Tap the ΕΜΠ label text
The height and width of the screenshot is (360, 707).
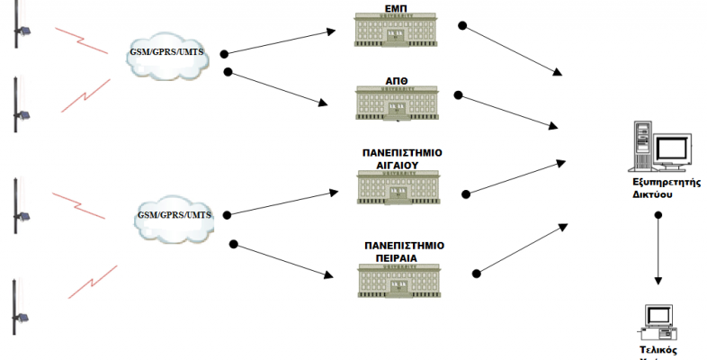pyautogui.click(x=396, y=7)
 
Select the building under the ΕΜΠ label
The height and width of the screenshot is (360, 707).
pyautogui.click(x=396, y=29)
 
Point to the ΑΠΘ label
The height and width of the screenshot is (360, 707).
pyautogui.click(x=396, y=79)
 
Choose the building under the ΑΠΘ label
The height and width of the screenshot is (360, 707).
pyautogui.click(x=396, y=103)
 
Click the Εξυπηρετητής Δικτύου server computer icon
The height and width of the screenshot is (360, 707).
pyautogui.click(x=660, y=148)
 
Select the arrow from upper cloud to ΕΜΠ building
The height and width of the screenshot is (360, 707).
pyautogui.click(x=279, y=42)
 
